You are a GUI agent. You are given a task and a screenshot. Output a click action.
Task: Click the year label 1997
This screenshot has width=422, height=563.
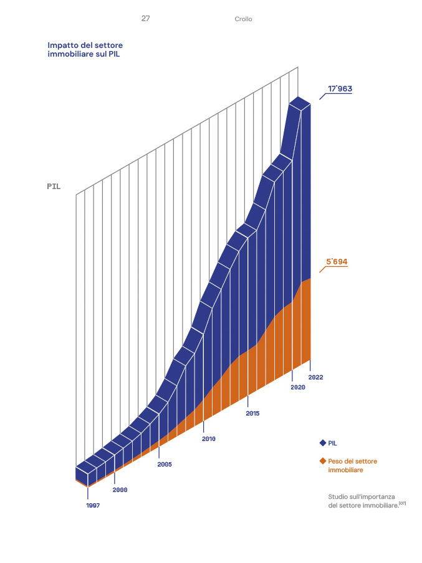93,505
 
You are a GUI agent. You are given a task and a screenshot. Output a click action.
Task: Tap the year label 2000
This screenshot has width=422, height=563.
120,490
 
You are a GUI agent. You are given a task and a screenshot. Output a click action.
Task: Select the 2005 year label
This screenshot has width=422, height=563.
165,465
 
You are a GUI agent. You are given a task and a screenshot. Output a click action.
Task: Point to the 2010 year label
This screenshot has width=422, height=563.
208,439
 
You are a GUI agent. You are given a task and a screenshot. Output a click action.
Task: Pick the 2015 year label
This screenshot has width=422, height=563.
252,413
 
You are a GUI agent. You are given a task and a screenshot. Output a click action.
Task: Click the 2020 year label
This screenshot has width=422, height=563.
297,388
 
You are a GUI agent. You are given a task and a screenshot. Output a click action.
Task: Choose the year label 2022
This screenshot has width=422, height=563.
315,377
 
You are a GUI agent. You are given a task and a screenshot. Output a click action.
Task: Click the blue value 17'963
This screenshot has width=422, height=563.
340,89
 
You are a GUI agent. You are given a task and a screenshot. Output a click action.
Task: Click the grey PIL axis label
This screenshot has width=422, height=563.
54,186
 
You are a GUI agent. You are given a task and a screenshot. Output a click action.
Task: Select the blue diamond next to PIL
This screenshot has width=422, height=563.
323,443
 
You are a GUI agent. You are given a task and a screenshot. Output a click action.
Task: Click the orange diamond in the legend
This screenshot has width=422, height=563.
323,461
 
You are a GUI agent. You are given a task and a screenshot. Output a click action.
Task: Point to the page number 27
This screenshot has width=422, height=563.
145,19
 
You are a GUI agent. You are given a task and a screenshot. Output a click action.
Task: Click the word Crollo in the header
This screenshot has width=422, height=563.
244,19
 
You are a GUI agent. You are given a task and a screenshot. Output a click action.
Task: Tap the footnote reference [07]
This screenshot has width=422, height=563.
403,503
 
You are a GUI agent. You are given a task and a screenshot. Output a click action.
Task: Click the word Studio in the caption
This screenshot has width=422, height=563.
339,496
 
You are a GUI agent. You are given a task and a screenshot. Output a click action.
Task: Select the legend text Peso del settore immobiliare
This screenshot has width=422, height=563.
352,465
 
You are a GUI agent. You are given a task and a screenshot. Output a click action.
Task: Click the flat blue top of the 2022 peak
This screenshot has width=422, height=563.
300,103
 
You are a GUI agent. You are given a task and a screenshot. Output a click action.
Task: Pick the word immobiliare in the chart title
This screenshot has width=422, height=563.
72,55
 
